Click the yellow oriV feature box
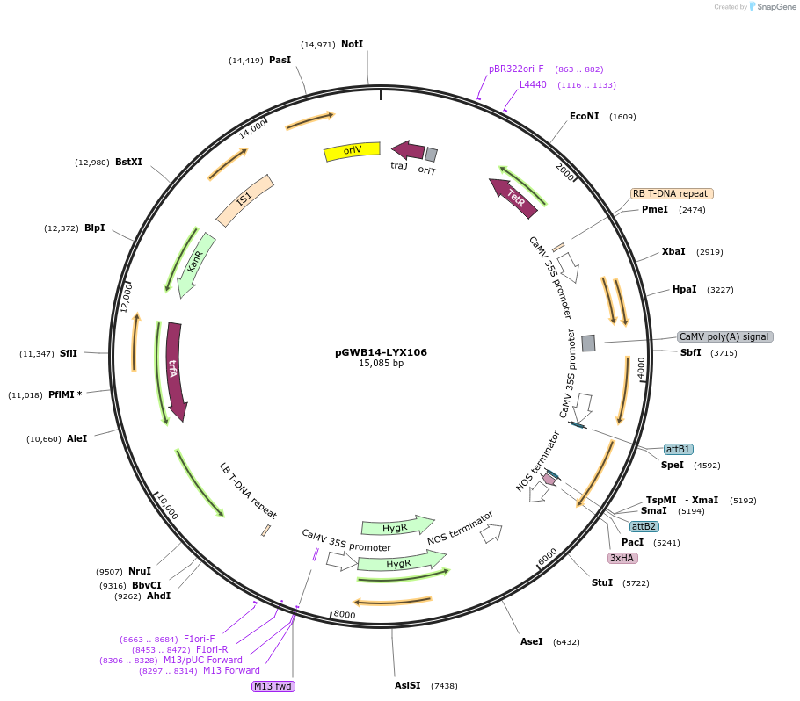pyautogui.click(x=352, y=151)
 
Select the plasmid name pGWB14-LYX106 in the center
pyautogui.click(x=381, y=352)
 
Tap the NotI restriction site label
pyautogui.click(x=352, y=44)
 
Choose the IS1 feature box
pyautogui.click(x=244, y=199)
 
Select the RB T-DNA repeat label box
pyautogui.click(x=672, y=193)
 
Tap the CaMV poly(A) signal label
pyautogui.click(x=724, y=336)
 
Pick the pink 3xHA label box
pyautogui.click(x=622, y=558)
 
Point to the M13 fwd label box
pyautogui.click(x=273, y=686)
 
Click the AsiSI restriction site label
pyautogui.click(x=408, y=685)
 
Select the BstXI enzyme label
pyautogui.click(x=128, y=162)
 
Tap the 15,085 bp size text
pyautogui.click(x=381, y=364)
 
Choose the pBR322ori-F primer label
pyautogui.click(x=516, y=69)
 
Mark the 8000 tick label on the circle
pyautogui.click(x=345, y=615)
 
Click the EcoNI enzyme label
pyautogui.click(x=584, y=116)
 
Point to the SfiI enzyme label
pyautogui.click(x=69, y=353)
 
